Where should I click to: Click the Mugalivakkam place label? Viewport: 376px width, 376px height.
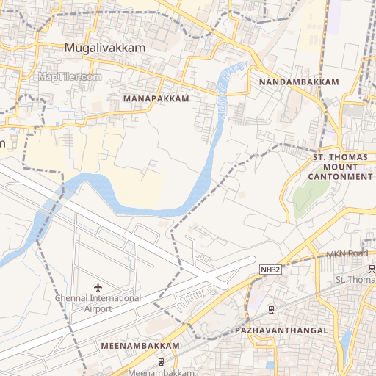pyautogui.click(x=105, y=47)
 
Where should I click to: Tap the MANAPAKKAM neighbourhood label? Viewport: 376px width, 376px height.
pyautogui.click(x=156, y=98)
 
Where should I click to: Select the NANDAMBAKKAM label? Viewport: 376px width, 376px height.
pyautogui.click(x=298, y=82)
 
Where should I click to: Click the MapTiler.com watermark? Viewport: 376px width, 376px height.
pyautogui.click(x=70, y=76)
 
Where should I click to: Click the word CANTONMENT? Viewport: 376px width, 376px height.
pyautogui.click(x=340, y=177)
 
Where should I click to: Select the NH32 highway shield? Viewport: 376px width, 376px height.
pyautogui.click(x=270, y=270)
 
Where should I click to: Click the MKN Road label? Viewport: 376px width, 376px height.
pyautogui.click(x=346, y=255)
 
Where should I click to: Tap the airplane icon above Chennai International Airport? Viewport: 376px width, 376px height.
pyautogui.click(x=99, y=286)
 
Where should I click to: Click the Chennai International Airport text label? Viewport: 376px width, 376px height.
pyautogui.click(x=98, y=303)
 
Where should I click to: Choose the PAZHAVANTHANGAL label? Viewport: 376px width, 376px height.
pyautogui.click(x=281, y=331)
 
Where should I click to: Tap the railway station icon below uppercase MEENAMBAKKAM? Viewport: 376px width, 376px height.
pyautogui.click(x=161, y=361)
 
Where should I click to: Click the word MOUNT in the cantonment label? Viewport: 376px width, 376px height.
pyautogui.click(x=340, y=167)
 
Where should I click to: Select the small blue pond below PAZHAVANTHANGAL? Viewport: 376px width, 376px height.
pyautogui.click(x=270, y=364)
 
